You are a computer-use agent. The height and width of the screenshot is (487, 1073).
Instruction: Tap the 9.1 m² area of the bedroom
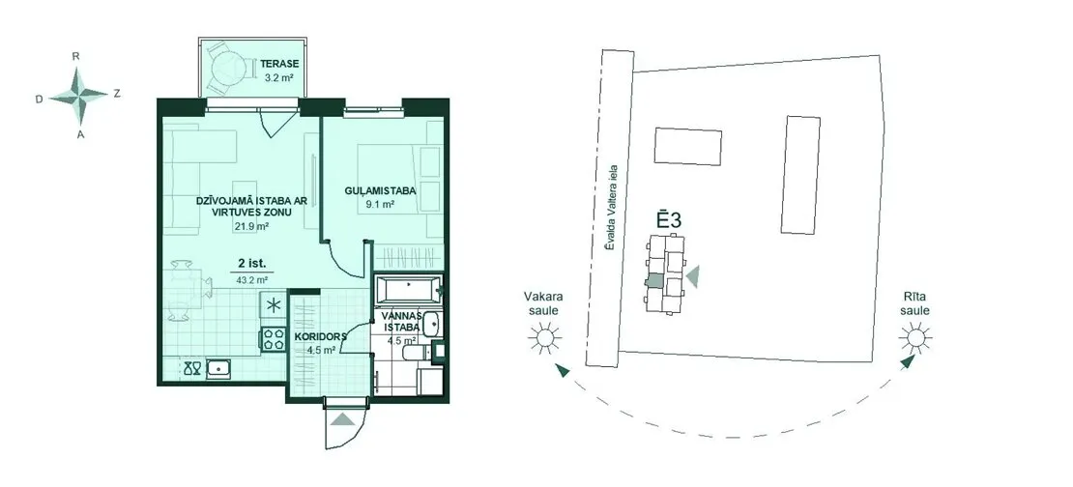382,204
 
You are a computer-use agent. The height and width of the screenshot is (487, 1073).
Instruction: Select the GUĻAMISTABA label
382,191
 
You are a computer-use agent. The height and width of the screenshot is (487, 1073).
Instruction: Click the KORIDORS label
320,337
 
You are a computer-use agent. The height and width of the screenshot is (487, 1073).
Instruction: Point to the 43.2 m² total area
252,280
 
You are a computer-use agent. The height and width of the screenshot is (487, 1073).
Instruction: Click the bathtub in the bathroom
408,289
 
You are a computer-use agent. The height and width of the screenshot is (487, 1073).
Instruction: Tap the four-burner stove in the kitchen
273,339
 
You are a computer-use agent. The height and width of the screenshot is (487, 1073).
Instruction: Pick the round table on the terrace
226,68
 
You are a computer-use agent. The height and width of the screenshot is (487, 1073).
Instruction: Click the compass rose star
79,94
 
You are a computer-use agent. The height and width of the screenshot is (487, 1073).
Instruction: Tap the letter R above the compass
76,56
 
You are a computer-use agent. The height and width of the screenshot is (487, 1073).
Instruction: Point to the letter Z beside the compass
117,95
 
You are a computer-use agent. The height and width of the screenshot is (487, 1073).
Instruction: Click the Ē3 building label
669,220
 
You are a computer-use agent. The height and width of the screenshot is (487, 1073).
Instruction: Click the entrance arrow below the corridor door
343,419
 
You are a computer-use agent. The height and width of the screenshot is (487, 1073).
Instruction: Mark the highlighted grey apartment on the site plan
654,280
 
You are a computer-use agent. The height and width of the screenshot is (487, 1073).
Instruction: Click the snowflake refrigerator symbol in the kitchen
273,305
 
